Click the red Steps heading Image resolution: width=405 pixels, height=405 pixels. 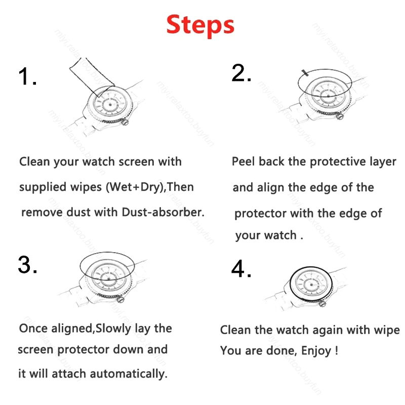200,25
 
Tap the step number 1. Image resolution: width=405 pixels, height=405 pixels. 27,76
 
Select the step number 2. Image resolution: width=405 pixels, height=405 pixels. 241,73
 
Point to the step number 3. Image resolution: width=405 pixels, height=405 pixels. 27,264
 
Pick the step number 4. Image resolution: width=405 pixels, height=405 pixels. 241,269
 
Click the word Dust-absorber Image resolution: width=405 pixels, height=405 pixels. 163,212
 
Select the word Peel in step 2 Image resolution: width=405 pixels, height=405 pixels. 243,161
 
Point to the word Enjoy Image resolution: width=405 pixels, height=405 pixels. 316,351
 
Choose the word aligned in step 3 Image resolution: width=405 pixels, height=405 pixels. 72,329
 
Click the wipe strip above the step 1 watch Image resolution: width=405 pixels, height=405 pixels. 92,76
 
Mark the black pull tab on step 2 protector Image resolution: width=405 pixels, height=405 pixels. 305,73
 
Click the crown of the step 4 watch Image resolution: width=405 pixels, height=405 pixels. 322,304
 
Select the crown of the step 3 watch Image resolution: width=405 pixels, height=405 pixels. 120,300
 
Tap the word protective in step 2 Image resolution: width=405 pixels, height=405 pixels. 338,162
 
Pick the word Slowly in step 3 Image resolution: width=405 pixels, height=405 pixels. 113,329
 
